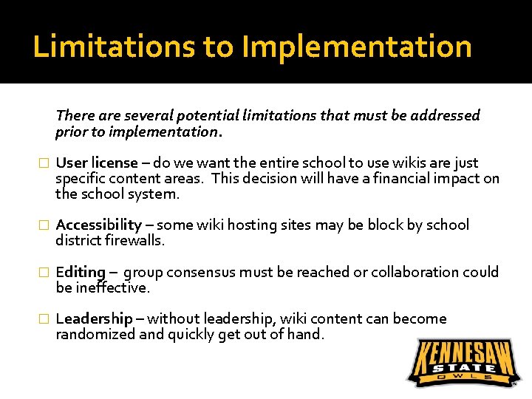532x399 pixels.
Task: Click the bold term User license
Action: [97, 163]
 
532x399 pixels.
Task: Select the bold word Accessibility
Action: [99, 225]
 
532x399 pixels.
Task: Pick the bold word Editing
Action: [81, 272]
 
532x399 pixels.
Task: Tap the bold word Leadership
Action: [95, 319]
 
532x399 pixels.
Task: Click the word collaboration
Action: [415, 272]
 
